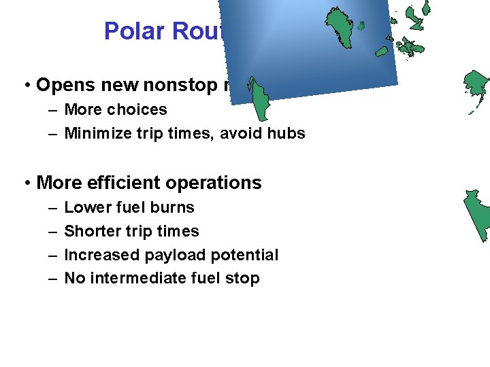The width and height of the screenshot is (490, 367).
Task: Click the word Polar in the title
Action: [x=134, y=31]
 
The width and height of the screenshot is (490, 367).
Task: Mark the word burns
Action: [x=176, y=207]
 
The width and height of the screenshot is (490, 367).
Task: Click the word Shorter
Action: [x=89, y=231]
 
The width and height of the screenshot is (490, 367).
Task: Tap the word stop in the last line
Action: [x=243, y=279]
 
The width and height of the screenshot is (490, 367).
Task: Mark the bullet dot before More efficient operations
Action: [x=27, y=183]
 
